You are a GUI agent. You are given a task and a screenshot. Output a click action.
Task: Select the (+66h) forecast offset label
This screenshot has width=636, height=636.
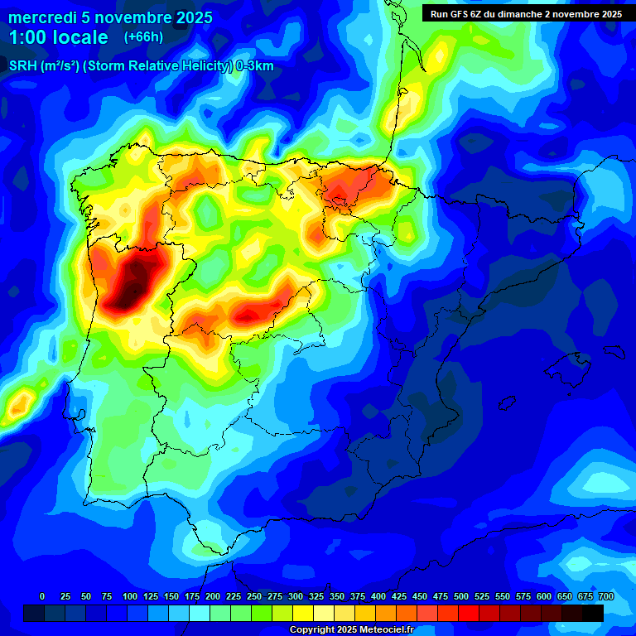[143, 37]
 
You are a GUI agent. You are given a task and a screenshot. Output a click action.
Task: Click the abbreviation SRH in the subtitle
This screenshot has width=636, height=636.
[22, 66]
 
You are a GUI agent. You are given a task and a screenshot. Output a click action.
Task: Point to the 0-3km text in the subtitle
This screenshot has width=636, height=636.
[255, 66]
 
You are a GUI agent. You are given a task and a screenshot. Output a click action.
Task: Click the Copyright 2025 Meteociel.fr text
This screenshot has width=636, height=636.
[351, 629]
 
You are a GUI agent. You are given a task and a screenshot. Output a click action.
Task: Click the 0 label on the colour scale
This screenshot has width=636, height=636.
[42, 596]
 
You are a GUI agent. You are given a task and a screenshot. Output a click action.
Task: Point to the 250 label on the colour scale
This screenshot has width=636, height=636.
[253, 596]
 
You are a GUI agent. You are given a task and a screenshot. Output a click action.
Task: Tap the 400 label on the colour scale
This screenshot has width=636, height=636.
[378, 596]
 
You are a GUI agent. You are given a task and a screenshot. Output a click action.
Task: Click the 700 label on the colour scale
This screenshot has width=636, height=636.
[605, 596]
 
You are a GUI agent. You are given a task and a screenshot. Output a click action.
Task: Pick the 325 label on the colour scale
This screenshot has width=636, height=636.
[316, 596]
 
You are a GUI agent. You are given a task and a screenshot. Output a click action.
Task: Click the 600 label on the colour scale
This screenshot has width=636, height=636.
[543, 596]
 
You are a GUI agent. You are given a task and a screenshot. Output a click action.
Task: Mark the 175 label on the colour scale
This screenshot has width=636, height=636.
[191, 596]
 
